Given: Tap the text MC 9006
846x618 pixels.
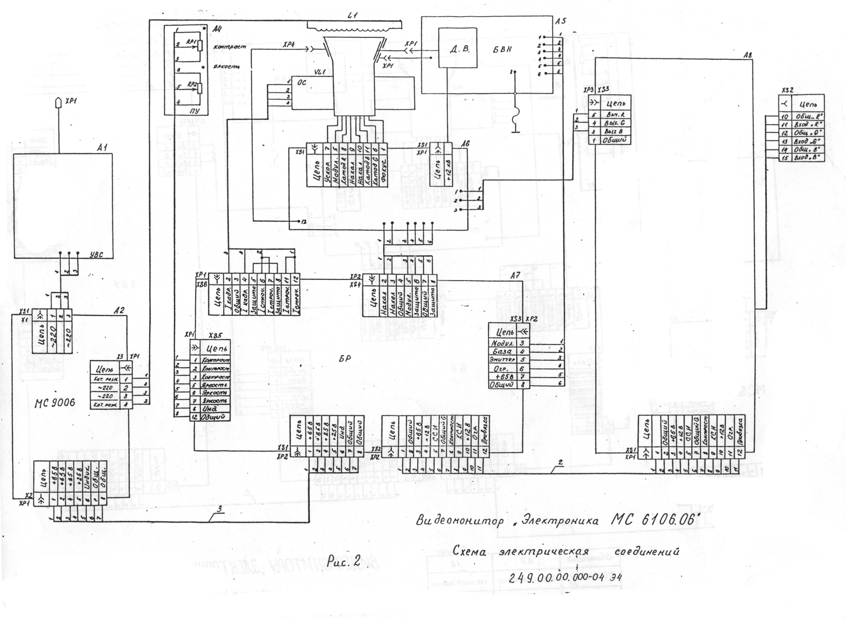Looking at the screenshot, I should (x=55, y=402).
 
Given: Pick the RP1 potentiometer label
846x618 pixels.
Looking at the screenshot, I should (x=191, y=43).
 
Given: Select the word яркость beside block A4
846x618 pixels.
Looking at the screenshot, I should (x=226, y=67).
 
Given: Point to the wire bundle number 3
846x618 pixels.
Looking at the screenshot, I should (x=220, y=508).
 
